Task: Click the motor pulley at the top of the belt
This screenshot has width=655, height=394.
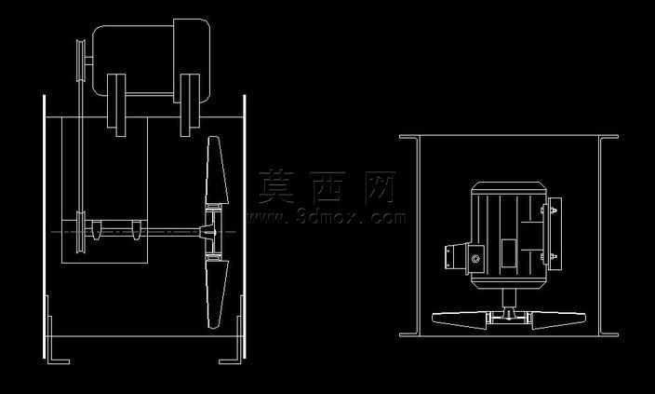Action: coord(80,61)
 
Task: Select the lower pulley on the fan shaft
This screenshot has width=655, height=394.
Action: coord(80,232)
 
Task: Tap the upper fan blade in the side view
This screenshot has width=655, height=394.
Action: coord(217,170)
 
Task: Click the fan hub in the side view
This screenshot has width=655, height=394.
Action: coord(213,232)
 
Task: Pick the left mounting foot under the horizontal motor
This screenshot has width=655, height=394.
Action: coord(116,105)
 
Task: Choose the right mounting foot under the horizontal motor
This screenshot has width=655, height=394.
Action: coord(190,105)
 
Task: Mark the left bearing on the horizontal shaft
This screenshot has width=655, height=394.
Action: coord(96,230)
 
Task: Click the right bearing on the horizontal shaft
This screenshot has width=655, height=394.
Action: coord(136,230)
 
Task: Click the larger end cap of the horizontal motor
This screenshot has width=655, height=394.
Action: coord(192,61)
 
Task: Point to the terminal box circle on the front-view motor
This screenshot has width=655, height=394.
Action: coord(475,259)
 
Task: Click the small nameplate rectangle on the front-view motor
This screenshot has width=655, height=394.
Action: coord(509,253)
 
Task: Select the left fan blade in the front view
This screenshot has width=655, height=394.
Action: coord(460,319)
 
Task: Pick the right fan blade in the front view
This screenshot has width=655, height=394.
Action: coord(558,319)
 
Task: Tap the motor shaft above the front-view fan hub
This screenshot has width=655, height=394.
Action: coord(509,298)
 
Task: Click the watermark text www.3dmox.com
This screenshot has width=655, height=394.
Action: coord(327,218)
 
